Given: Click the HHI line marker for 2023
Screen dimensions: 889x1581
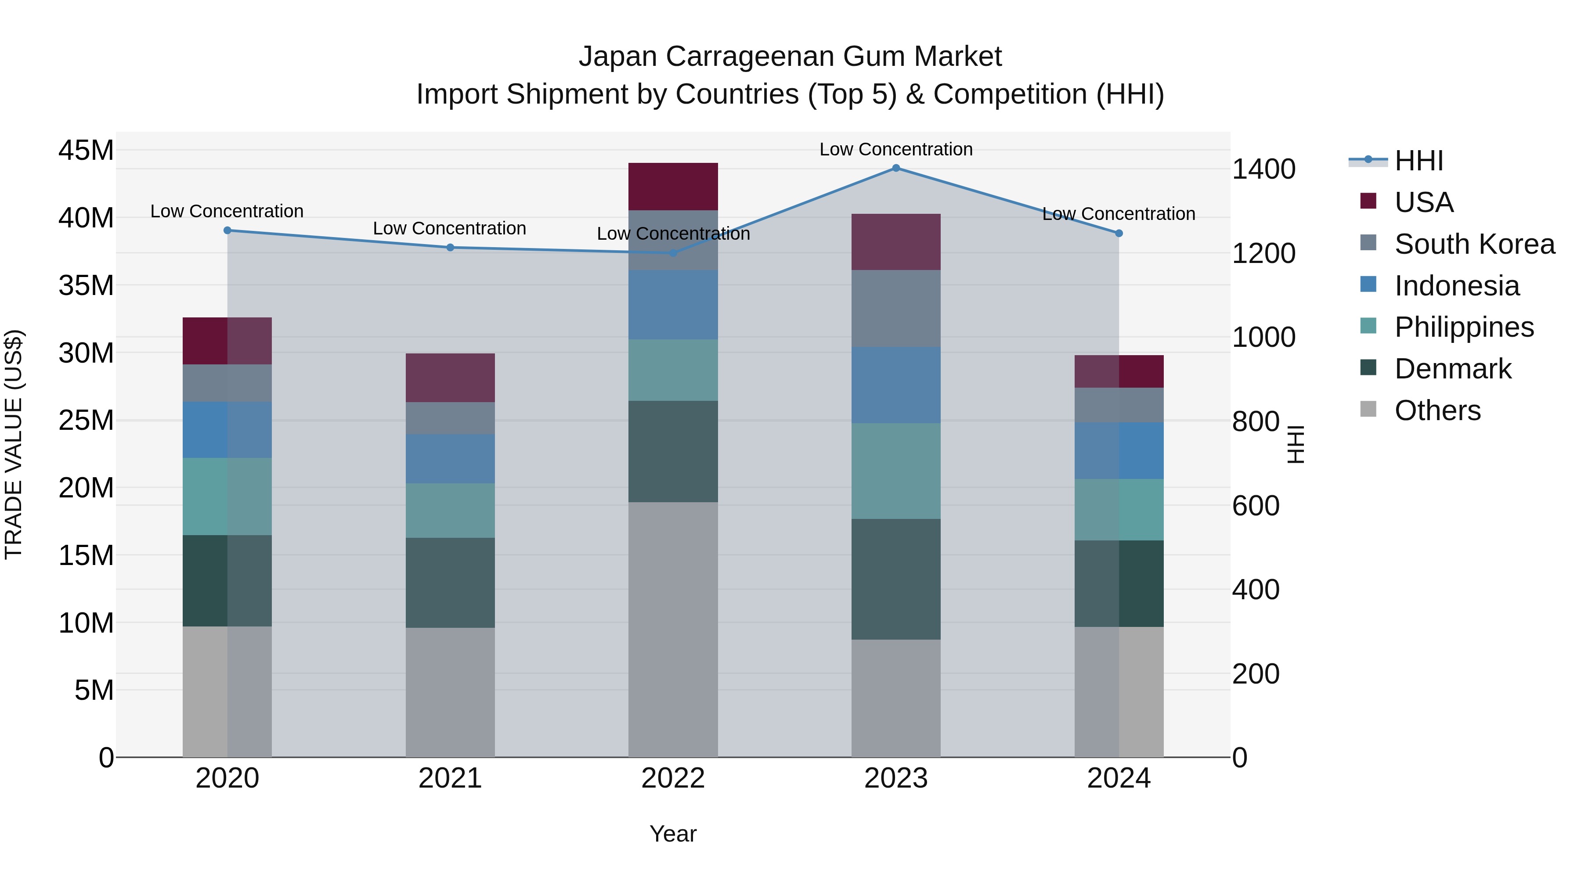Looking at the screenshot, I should [x=895, y=168].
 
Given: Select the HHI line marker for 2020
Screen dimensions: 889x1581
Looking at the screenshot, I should [x=227, y=230].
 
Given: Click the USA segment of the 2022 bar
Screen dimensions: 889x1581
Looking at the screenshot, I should [x=673, y=187].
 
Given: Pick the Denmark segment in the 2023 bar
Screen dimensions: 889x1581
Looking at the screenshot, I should [x=895, y=579].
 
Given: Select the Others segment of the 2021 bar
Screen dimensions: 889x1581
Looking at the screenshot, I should [x=450, y=692].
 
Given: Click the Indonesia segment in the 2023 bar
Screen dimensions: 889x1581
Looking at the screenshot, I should [x=895, y=385].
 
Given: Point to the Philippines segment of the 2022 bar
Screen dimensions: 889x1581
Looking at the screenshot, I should [x=673, y=370].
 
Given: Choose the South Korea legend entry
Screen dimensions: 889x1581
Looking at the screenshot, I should [x=1474, y=244].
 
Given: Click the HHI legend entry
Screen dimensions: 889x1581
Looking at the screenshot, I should [x=1419, y=161].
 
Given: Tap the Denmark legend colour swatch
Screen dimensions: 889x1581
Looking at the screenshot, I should [x=1368, y=368].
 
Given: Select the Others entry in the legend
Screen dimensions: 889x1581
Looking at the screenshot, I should [x=1437, y=410].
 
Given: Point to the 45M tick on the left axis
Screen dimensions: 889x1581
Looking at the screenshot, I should [x=86, y=150].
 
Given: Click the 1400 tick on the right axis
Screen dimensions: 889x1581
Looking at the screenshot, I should [x=1263, y=169].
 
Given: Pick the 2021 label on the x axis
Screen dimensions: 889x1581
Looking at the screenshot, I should [x=450, y=778].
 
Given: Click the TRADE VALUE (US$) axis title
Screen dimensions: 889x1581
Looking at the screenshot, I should [x=14, y=444].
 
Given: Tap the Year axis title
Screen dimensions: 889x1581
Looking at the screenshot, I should [x=673, y=834].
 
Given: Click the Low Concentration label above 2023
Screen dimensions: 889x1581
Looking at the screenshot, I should [x=895, y=149].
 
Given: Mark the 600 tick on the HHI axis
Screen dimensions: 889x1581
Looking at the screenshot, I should [x=1256, y=506].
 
